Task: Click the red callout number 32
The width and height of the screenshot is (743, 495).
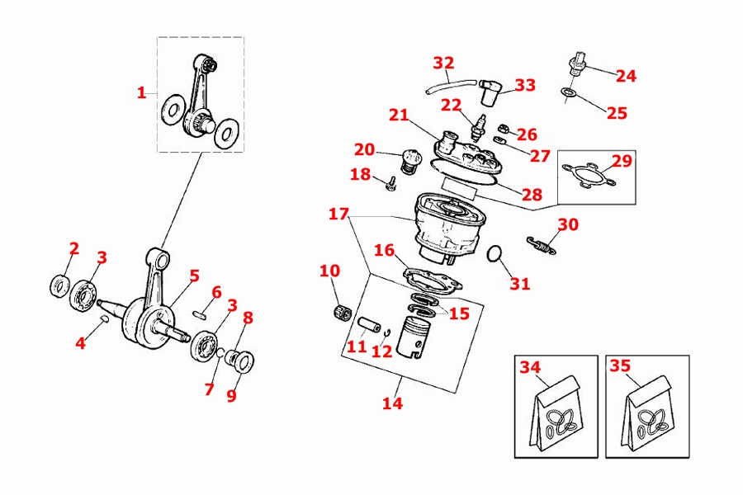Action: point(443,63)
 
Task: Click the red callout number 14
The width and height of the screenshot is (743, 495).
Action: point(393,403)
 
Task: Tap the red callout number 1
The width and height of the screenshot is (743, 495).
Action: point(141,93)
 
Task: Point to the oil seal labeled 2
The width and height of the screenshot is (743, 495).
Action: point(59,285)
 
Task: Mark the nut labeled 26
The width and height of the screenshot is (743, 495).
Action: point(501,129)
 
